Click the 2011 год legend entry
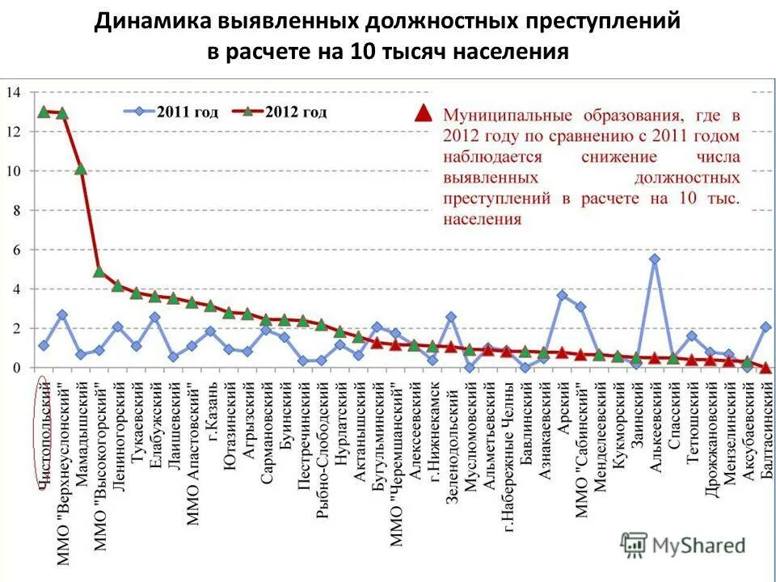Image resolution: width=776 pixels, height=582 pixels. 171,112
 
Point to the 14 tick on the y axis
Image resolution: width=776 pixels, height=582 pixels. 13,92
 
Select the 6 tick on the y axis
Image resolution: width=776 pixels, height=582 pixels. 15,250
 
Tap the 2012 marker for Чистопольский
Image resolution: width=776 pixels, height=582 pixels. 44,112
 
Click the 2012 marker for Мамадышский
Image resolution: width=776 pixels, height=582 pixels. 81,169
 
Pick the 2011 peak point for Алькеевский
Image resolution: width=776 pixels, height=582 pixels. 655,259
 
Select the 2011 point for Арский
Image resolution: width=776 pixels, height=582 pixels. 563,295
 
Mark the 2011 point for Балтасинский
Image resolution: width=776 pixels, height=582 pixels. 765,327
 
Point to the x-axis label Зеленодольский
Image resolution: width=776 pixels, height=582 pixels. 450,432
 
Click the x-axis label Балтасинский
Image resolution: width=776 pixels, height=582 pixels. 765,428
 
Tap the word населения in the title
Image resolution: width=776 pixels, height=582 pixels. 510,52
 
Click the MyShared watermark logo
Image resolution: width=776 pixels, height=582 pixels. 683,546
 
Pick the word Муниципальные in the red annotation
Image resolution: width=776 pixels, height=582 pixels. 510,116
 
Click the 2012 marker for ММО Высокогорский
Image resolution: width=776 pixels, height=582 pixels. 99,272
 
